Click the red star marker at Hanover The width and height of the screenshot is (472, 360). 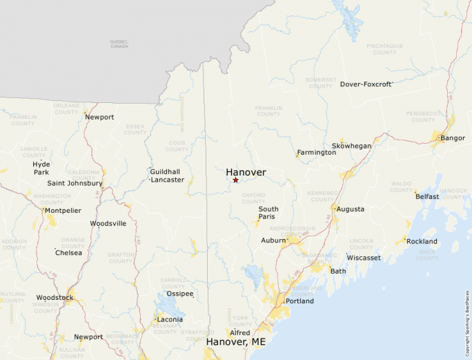tap(236, 180)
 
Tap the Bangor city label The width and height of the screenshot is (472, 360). tap(453, 138)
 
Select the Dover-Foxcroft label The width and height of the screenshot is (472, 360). tap(366, 84)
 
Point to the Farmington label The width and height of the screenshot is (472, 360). tap(316, 153)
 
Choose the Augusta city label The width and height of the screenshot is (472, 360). tap(351, 209)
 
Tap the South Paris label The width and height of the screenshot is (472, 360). tap(268, 213)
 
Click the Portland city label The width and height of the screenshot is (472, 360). tap(299, 301)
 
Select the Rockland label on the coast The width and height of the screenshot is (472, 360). tap(422, 241)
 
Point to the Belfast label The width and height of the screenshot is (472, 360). tap(427, 196)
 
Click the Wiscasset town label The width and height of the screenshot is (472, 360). tap(364, 258)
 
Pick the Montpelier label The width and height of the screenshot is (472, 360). tap(63, 210)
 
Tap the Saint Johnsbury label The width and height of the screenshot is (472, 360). tap(75, 183)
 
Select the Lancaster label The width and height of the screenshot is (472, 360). tap(168, 180)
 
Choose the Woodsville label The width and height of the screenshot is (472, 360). tap(108, 223)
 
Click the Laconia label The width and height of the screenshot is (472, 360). tap(170, 319)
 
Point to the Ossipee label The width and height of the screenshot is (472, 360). tap(179, 294)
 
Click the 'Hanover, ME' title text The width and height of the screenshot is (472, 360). tap(235, 341)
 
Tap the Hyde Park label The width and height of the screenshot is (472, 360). tap(41, 168)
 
